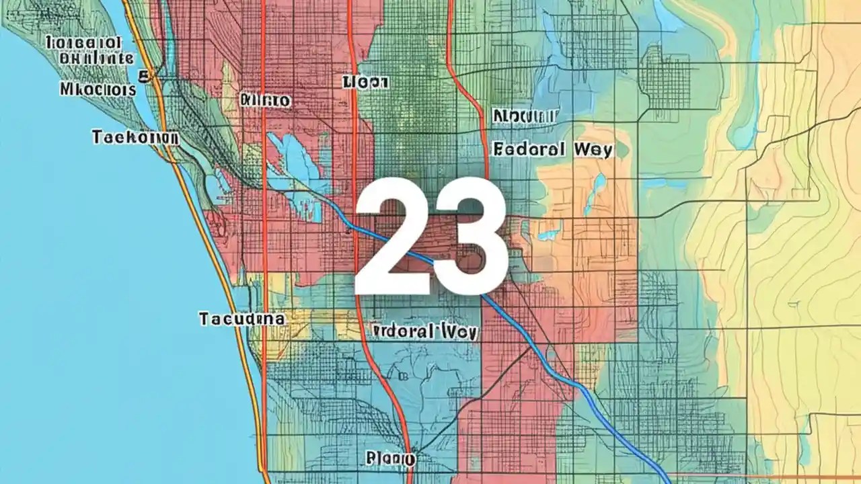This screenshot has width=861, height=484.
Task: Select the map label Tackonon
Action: [x=135, y=138]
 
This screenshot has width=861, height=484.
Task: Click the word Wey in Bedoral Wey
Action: [x=593, y=149]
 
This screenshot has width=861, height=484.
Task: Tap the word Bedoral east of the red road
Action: [x=529, y=149]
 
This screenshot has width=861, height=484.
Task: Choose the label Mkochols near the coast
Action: [x=98, y=89]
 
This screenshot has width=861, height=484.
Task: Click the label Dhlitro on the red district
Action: [x=265, y=101]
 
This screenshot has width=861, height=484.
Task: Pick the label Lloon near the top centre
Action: [x=365, y=82]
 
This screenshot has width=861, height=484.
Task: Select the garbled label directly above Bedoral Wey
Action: [x=525, y=116]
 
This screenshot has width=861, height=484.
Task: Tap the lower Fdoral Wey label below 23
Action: [x=424, y=331]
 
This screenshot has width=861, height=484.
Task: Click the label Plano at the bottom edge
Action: [x=390, y=459]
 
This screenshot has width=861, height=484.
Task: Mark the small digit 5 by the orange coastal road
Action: [x=143, y=75]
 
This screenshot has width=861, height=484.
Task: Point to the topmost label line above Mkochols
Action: [x=84, y=43]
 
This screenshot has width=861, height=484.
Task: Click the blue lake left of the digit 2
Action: [x=296, y=161]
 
